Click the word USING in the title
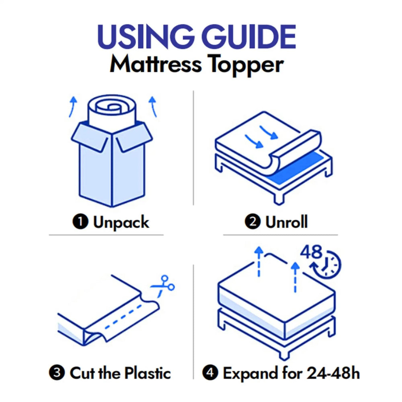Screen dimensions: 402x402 143,37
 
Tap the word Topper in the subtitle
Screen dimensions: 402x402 247,65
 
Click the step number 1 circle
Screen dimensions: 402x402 80,222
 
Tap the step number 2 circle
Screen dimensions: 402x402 252,222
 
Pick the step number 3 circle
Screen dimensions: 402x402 57,373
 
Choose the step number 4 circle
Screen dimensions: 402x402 210,373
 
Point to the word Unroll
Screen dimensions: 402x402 286,222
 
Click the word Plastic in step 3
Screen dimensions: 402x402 147,373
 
